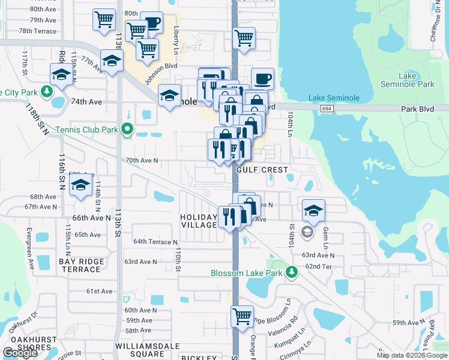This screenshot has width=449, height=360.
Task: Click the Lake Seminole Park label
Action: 408,80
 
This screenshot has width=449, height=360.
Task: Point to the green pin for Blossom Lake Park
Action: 292,273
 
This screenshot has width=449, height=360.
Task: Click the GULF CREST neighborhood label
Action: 262,170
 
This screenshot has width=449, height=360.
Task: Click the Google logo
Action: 20,353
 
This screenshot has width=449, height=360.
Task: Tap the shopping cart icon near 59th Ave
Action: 242,315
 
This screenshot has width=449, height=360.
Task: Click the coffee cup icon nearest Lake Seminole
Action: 262,78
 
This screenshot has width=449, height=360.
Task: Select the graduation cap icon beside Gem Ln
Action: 313,211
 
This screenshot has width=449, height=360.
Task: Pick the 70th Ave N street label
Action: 142,160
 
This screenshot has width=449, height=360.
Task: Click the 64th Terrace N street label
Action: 155,242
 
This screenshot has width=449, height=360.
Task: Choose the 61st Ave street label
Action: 100,291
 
